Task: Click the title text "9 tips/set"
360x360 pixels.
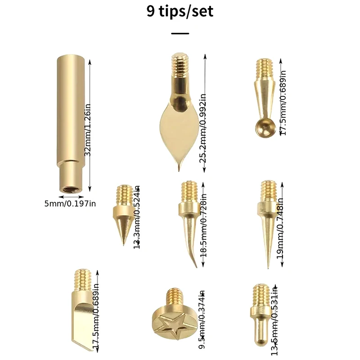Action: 180,11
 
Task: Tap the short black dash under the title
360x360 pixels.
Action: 180,33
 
